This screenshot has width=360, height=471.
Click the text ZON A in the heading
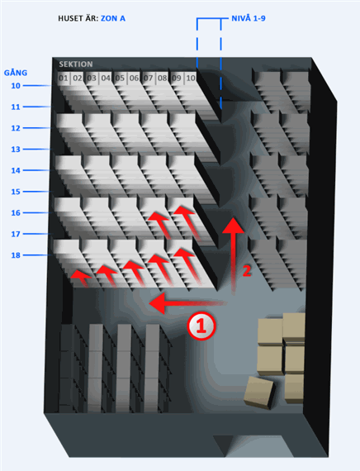[x=113, y=18]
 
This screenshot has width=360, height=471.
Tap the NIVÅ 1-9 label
[x=249, y=18]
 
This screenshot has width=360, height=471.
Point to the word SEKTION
[x=76, y=64]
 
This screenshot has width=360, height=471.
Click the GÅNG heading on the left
[x=16, y=73]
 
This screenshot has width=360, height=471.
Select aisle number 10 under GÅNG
[x=16, y=86]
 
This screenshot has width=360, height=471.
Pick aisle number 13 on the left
[x=16, y=150]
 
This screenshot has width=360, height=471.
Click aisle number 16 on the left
[x=16, y=212]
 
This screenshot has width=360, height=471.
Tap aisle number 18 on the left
[x=16, y=255]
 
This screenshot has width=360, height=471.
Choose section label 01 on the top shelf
[x=63, y=78]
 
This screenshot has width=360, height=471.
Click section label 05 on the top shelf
[x=120, y=78]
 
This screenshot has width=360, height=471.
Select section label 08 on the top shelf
[x=163, y=78]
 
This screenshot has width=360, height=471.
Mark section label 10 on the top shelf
[x=191, y=78]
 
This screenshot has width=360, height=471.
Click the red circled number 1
[x=201, y=326]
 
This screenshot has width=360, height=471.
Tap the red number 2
[x=247, y=271]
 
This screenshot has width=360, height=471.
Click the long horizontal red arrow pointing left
[x=187, y=303]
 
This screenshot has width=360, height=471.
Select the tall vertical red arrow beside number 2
[x=233, y=256]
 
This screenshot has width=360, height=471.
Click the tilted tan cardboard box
[x=258, y=392]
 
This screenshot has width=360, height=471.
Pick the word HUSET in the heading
[x=69, y=18]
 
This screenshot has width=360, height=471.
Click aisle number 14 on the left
[x=16, y=170]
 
